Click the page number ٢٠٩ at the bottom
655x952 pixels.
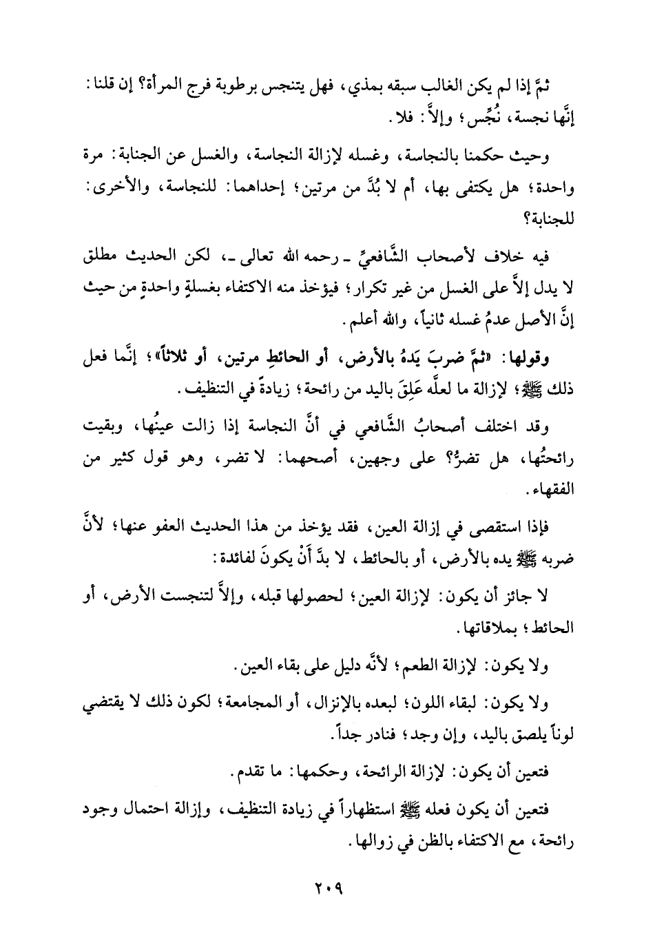tap(327, 889)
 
